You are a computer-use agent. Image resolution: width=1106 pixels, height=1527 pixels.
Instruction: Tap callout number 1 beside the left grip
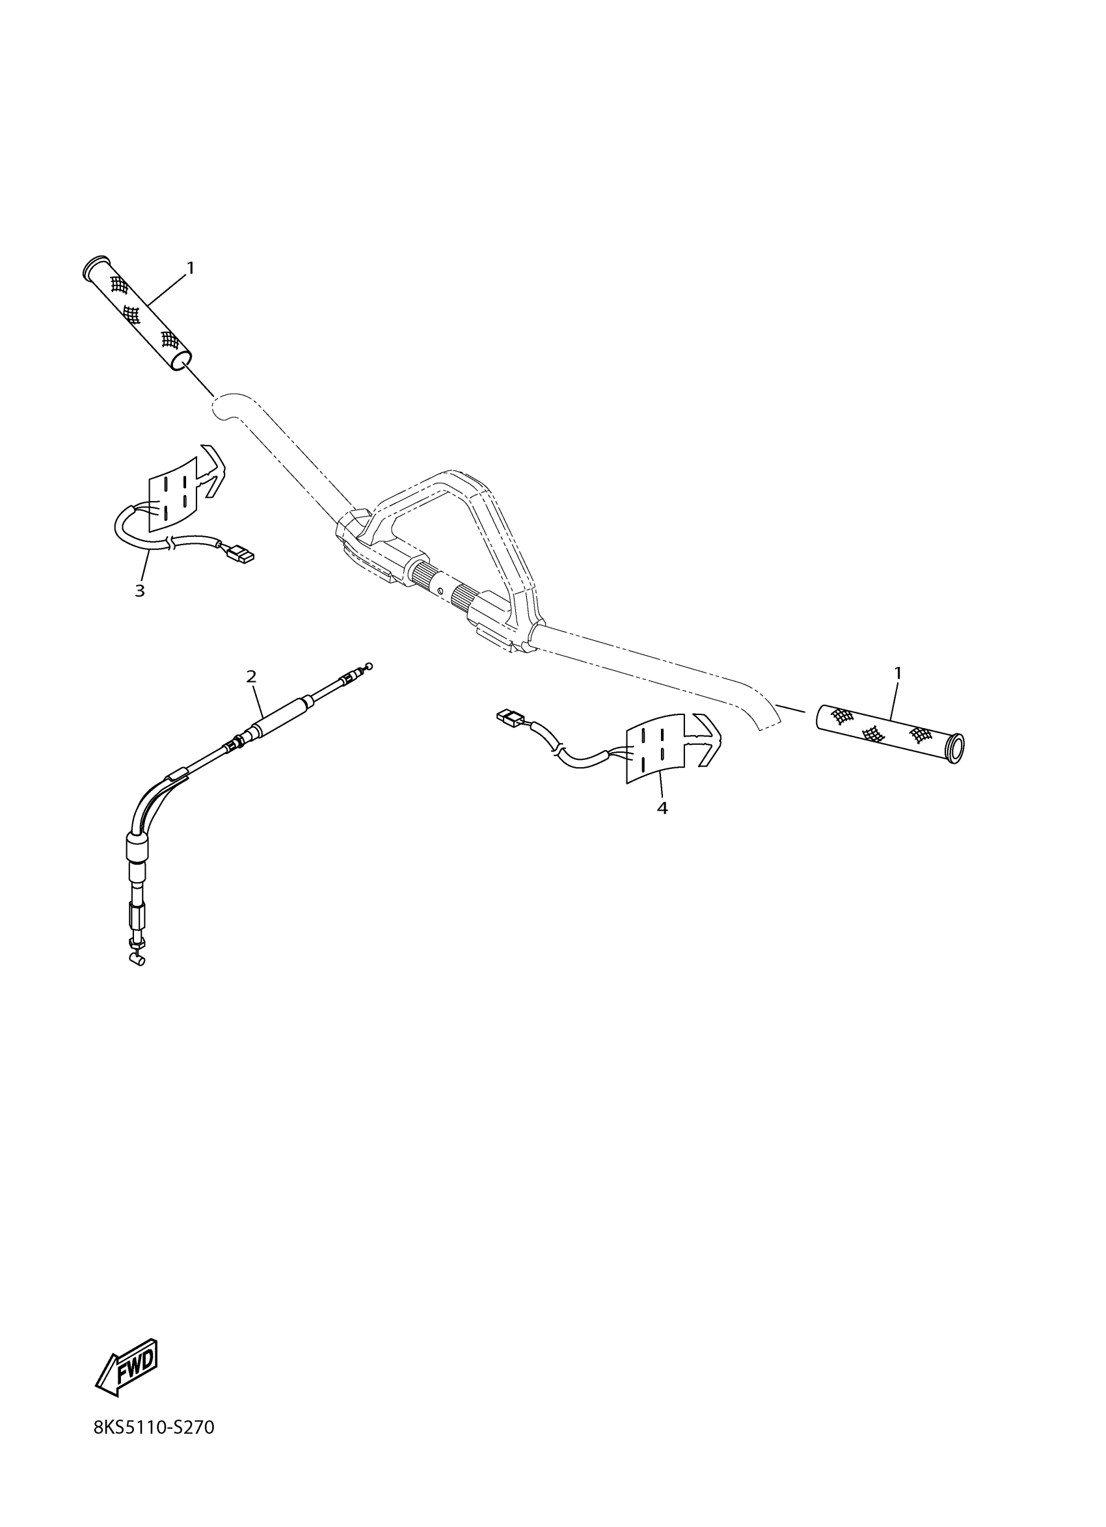click(191, 268)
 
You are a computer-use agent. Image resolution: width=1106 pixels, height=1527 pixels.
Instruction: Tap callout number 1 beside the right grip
click(897, 673)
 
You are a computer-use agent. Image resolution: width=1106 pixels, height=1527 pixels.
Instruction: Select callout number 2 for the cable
click(251, 677)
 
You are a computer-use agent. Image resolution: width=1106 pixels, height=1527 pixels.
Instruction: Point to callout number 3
click(139, 591)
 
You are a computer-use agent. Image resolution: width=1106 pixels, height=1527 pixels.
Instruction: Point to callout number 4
click(662, 808)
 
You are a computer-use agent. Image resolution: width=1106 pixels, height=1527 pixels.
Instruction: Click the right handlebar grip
click(889, 733)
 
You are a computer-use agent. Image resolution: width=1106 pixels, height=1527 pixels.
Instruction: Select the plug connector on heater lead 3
click(241, 556)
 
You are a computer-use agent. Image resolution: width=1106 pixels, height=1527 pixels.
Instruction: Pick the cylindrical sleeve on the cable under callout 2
click(280, 716)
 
